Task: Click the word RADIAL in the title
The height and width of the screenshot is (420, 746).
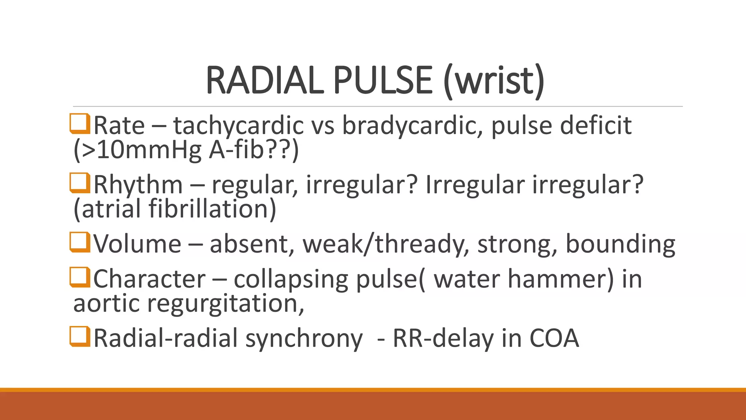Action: coord(265,80)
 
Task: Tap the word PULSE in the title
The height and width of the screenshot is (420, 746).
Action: coord(382,80)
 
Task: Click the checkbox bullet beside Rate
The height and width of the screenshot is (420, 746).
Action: coord(80,124)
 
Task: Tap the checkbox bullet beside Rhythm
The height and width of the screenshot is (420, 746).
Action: coord(80,183)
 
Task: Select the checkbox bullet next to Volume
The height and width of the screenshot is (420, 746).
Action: coord(80,242)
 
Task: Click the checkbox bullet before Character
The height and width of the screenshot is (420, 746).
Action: coord(80,277)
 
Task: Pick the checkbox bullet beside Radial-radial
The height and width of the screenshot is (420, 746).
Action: coord(80,336)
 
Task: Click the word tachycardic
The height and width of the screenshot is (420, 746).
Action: coord(238,126)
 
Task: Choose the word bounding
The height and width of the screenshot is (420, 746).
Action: coord(620,244)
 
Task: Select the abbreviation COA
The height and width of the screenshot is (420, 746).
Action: coord(554,338)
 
